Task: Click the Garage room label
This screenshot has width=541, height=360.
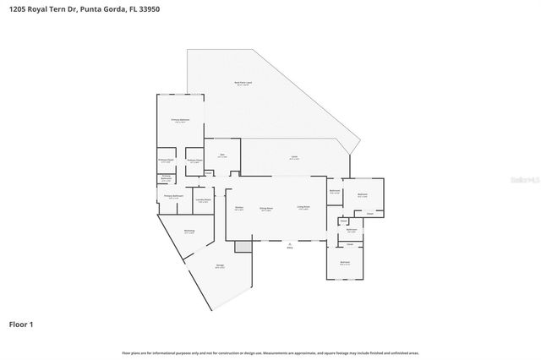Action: [x=220, y=266]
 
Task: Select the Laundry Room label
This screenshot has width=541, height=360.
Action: [x=203, y=199]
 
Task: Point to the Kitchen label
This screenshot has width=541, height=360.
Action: [x=239, y=207]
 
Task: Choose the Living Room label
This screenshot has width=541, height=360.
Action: [x=303, y=207]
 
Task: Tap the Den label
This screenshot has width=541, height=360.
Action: [x=222, y=155]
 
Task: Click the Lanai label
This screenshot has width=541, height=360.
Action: [x=293, y=157]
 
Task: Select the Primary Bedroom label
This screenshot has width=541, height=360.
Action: [x=180, y=122]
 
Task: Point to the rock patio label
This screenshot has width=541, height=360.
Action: [x=243, y=83]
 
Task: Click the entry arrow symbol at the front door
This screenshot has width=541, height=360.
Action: [x=290, y=245]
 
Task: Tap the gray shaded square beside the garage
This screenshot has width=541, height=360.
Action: [x=243, y=246]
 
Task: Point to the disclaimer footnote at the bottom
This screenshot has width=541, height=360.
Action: [x=270, y=352]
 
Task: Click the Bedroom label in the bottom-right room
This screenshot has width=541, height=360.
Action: [x=345, y=263]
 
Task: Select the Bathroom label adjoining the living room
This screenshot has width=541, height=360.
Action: [x=334, y=191]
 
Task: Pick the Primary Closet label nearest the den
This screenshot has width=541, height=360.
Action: [x=194, y=161]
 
